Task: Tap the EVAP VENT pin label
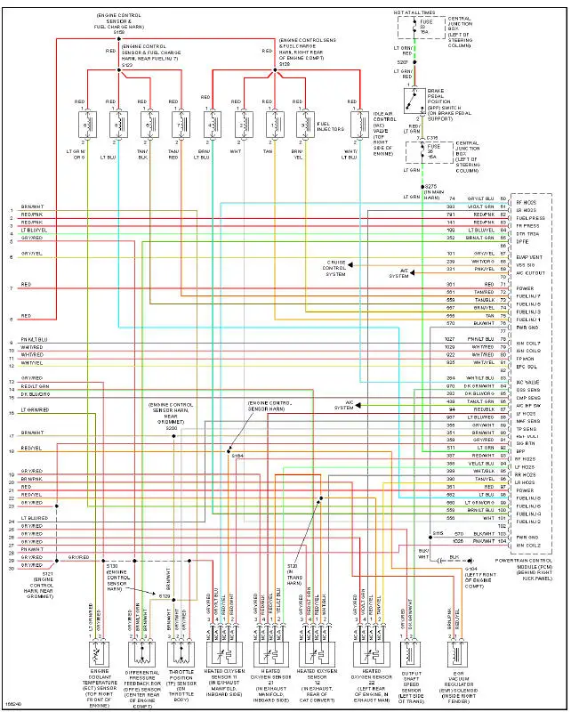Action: pyautogui.click(x=528, y=256)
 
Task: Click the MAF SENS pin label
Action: pyautogui.click(x=527, y=421)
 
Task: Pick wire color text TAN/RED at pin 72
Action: pyautogui.click(x=483, y=292)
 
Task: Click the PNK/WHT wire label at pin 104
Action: pyautogui.click(x=483, y=541)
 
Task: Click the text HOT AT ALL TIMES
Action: pyautogui.click(x=415, y=12)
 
